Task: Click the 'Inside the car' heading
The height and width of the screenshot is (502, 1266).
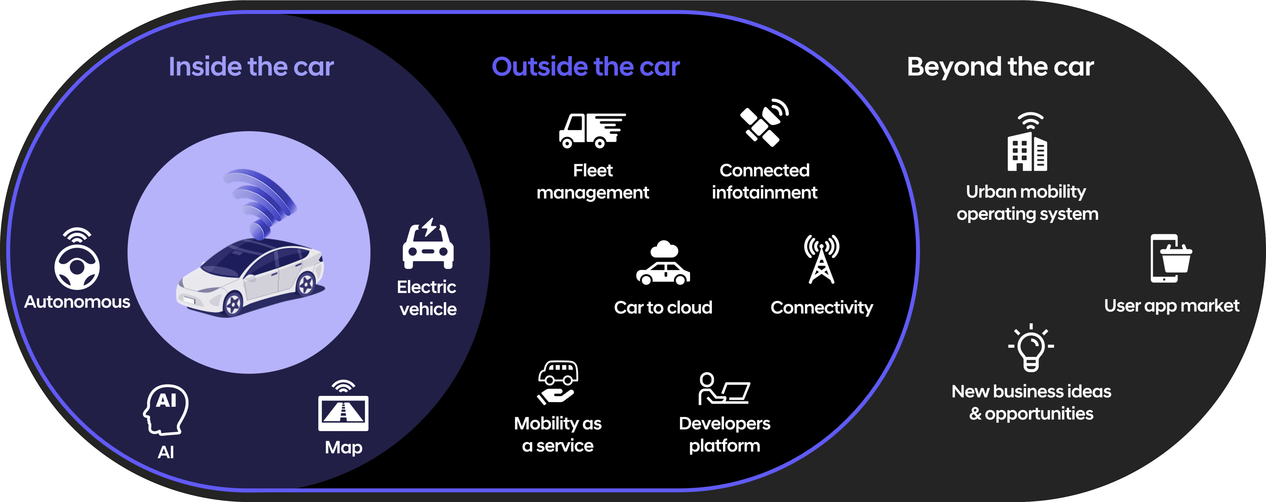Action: (x=251, y=67)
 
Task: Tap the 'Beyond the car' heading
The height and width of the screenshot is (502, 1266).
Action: (x=1000, y=67)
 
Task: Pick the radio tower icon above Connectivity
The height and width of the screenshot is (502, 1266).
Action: (x=821, y=259)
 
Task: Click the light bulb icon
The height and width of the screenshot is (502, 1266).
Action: (x=1031, y=349)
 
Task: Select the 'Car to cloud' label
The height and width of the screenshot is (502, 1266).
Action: (x=663, y=307)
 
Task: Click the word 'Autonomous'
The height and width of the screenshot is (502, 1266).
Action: (x=77, y=302)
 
